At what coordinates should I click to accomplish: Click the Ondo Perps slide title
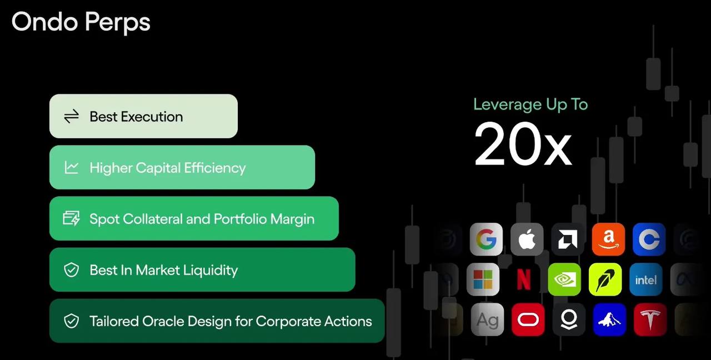[x=81, y=22]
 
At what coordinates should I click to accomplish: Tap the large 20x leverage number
[x=523, y=144]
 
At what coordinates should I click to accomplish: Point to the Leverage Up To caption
[x=530, y=104]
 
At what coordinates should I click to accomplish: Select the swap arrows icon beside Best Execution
[x=71, y=116]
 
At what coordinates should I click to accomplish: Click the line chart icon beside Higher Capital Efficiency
[x=71, y=167]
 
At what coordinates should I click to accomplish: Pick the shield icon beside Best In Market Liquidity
[x=71, y=270]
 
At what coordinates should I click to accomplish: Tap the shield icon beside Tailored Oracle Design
[x=71, y=321]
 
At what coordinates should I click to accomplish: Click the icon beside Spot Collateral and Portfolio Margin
[x=71, y=218]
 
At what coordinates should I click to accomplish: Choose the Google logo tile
[x=486, y=239]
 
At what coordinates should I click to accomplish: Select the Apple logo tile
[x=527, y=239]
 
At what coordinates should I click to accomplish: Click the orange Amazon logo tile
[x=608, y=239]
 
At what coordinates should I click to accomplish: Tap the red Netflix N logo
[x=524, y=279]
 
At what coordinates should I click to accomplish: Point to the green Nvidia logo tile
[x=564, y=279]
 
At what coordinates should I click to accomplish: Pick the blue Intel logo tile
[x=645, y=279]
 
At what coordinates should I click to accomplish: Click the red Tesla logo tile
[x=650, y=319]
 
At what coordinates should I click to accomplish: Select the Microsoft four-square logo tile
[x=483, y=279]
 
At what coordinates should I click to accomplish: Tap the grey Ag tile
[x=487, y=319]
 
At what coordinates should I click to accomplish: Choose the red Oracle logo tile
[x=528, y=319]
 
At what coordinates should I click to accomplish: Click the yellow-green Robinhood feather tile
[x=605, y=279]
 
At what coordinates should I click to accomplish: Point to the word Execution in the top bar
[x=152, y=117]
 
